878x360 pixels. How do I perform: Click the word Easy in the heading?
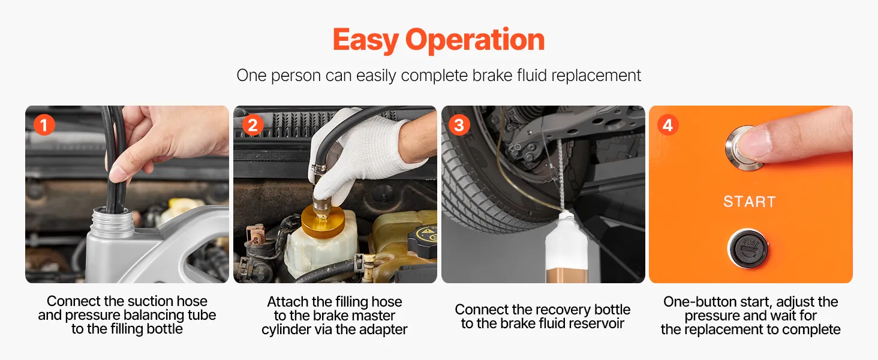coord(366,40)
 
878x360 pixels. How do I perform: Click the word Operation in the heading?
coord(475,40)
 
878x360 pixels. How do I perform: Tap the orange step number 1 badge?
coord(44,125)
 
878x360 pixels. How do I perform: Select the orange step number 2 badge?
coord(252,125)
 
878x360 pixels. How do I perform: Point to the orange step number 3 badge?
coord(459,125)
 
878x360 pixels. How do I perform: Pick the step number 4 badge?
coord(667,125)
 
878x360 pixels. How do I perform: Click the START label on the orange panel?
coord(750,202)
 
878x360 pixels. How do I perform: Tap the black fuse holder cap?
coord(748,248)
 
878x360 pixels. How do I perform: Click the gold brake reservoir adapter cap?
coord(323,221)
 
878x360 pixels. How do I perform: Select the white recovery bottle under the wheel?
coord(566,248)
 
